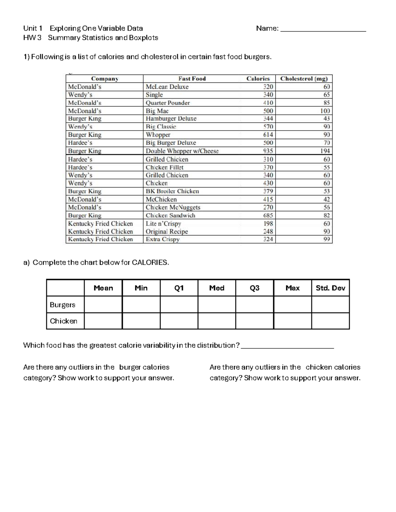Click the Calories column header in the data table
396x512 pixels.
coord(258,78)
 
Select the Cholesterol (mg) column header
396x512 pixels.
coord(304,78)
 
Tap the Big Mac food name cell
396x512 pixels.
coord(157,111)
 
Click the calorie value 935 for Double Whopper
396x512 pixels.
coord(268,151)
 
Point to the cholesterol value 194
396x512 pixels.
coord(325,151)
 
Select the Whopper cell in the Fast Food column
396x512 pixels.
coord(158,135)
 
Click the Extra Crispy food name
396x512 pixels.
coord(163,239)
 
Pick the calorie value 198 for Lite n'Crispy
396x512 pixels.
coord(268,224)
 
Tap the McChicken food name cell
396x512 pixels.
coord(161,199)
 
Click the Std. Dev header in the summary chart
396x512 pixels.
coord(330,288)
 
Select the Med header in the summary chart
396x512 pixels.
coord(217,288)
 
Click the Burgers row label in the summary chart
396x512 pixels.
coord(62,305)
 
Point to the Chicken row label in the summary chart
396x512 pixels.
coord(63,321)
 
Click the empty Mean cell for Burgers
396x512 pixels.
coord(103,305)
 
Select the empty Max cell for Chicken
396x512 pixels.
coord(292,321)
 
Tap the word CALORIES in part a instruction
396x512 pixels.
coord(150,263)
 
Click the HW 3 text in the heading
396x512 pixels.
coord(32,38)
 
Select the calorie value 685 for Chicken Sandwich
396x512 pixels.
coord(268,216)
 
